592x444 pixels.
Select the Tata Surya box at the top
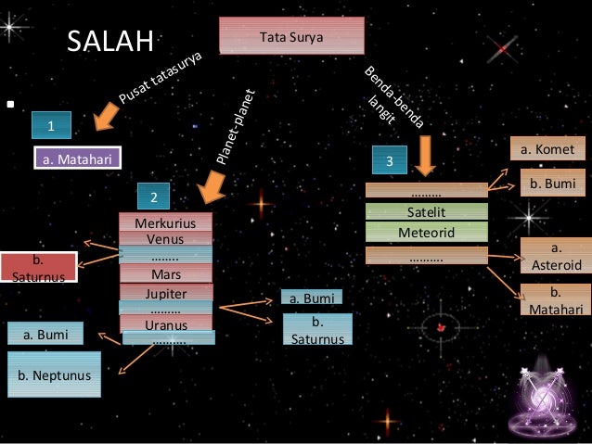point(291,35)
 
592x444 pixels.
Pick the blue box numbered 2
point(154,197)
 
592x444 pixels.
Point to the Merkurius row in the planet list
point(165,223)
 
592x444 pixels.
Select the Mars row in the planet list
point(165,274)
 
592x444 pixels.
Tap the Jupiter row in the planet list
point(165,294)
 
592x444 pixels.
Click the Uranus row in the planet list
point(165,324)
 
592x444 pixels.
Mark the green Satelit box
point(427,212)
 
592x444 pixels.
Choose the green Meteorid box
point(427,232)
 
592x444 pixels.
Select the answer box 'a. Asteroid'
point(556,257)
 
